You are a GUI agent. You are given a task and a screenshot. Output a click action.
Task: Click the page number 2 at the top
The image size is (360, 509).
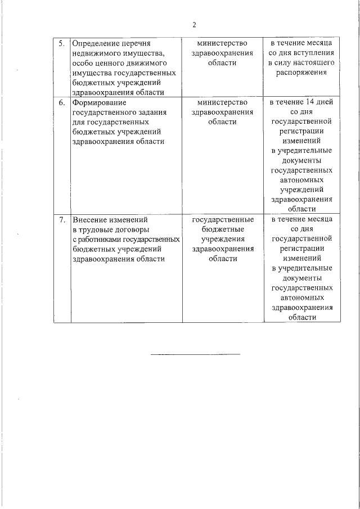pos(195,25)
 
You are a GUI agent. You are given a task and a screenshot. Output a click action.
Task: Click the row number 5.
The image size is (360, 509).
pos(61,43)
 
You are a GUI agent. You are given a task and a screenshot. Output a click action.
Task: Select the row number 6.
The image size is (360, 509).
pos(61,103)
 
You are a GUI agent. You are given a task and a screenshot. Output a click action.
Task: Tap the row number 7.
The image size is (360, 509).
pos(61,220)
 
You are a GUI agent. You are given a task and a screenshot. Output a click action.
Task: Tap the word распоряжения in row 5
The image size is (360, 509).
pos(301,73)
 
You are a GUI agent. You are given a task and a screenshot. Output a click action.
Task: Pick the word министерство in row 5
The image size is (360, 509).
pos(222,43)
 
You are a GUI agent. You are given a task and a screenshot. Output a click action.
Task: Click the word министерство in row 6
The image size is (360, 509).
pos(222,103)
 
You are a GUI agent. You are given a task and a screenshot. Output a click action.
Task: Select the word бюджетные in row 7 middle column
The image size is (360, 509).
pos(222,230)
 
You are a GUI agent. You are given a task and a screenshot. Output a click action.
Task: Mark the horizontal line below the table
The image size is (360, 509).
pos(195,354)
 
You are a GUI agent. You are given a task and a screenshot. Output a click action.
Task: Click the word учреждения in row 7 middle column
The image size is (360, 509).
pos(222,240)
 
